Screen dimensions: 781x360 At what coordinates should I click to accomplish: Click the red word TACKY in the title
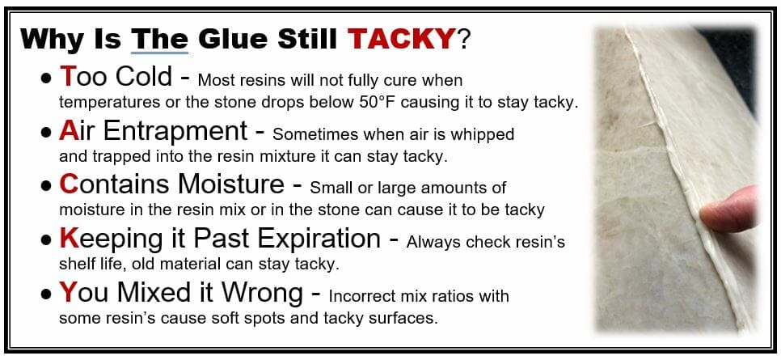[x=401, y=38]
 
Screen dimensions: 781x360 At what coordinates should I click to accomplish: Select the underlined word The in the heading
[x=159, y=38]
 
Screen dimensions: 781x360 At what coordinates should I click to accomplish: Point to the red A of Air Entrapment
[x=68, y=130]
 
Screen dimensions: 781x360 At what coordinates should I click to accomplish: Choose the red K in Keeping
[x=69, y=239]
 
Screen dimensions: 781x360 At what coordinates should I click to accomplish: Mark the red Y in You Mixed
[x=68, y=292]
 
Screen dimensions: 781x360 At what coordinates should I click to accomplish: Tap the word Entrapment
[x=175, y=132]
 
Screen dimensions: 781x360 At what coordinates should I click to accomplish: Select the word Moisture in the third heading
[x=231, y=184]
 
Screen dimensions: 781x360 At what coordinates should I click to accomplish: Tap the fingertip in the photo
[x=727, y=210]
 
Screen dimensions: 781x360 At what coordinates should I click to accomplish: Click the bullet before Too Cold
[x=47, y=79]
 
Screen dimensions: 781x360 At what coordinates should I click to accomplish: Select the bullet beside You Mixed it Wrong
[x=47, y=295]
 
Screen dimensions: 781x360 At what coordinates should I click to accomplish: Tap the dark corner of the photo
[x=732, y=60]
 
